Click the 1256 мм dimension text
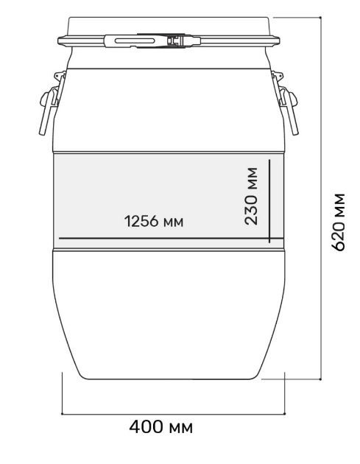point(153,222)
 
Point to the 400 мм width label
point(160,426)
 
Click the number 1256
point(141,222)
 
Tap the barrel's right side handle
point(286,103)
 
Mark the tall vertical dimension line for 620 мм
point(321,199)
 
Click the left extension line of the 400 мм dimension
point(62,394)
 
